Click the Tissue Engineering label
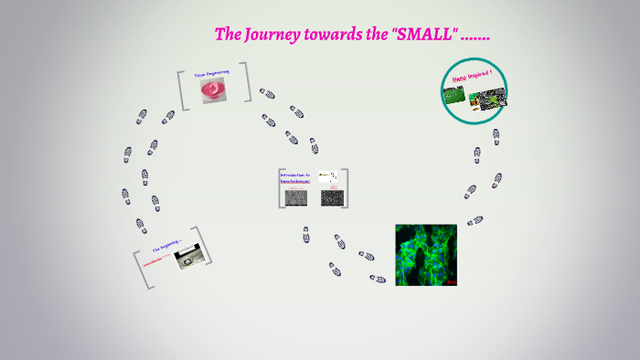point(211,71)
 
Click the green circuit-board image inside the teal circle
point(455,96)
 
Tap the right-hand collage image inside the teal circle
point(488,98)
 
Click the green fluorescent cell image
point(426,255)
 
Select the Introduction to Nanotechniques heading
point(295,177)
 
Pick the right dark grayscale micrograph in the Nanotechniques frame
point(330,196)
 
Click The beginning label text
point(167,246)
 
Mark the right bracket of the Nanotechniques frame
point(347,188)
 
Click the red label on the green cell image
point(451,282)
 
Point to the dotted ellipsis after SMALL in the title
point(476,37)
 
